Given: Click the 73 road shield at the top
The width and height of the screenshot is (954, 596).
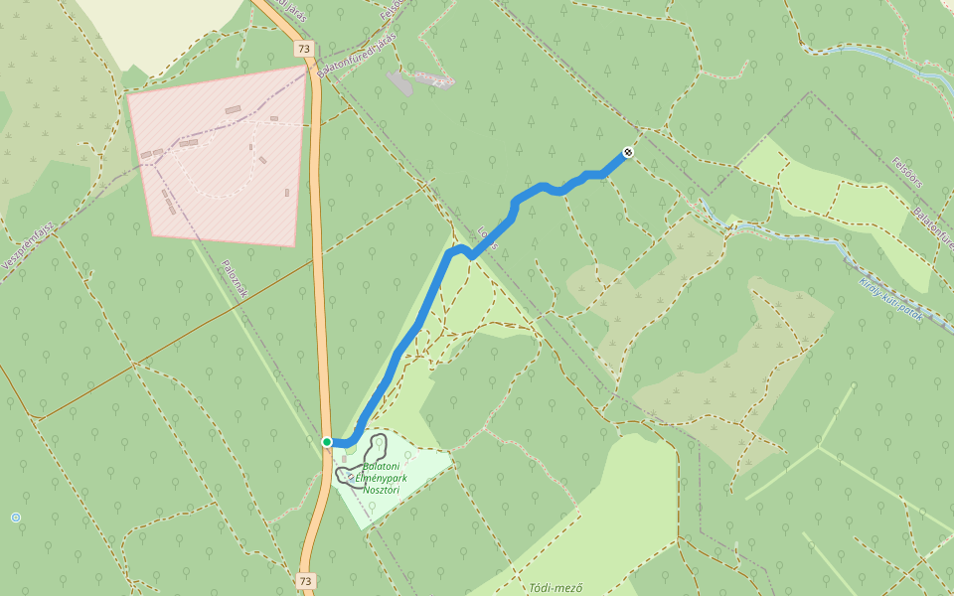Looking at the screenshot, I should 304,49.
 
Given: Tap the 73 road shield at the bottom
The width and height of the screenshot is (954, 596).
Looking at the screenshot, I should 305,581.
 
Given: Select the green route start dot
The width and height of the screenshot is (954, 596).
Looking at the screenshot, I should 327,442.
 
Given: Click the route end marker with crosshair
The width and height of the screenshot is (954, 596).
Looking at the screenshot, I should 628,152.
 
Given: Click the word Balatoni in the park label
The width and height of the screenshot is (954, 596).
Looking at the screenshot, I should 382,466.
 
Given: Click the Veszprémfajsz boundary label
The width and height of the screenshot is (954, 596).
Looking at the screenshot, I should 27,246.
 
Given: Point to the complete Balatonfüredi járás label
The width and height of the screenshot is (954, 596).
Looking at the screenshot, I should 358,55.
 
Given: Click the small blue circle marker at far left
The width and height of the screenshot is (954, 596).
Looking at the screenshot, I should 15,518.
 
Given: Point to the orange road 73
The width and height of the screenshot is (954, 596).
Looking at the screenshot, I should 319,248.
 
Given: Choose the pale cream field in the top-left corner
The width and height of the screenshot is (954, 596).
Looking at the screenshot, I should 159,25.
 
